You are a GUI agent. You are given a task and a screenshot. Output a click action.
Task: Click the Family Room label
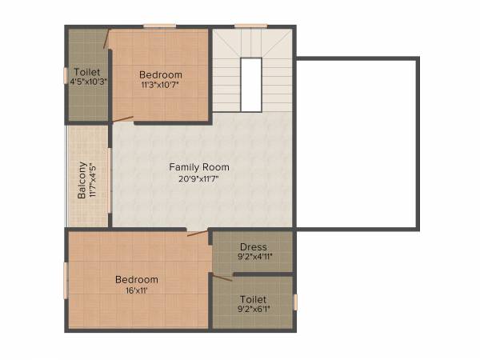(x=198, y=167)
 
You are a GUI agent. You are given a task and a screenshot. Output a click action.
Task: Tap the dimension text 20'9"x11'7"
(x=198, y=178)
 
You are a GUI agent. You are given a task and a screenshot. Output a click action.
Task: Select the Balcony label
(x=82, y=182)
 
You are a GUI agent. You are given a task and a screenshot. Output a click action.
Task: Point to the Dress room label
(x=253, y=247)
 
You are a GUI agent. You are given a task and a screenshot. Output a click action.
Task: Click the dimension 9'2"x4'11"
(x=253, y=258)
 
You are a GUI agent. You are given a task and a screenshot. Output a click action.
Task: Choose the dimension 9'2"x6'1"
(x=253, y=309)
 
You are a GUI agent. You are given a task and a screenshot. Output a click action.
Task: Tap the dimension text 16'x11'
(x=136, y=290)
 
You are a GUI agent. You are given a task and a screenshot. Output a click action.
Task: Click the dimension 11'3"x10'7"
(x=160, y=83)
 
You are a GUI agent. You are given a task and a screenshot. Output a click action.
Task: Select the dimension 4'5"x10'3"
(x=88, y=82)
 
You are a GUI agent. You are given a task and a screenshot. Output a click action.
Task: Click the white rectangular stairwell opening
(x=251, y=85)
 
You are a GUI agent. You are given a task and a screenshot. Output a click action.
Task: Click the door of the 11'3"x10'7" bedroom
(x=122, y=119)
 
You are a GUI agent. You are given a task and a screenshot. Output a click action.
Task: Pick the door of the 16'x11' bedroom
(x=197, y=234)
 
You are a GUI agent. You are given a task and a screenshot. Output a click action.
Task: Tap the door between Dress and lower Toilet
(x=221, y=278)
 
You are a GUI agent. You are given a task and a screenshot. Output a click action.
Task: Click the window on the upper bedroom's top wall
(x=159, y=26)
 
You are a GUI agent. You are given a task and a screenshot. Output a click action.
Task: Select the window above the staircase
(x=251, y=26)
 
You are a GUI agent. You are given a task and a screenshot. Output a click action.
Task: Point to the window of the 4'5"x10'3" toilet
(x=66, y=75)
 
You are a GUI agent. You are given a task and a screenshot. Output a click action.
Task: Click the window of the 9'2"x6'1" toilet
(x=295, y=302)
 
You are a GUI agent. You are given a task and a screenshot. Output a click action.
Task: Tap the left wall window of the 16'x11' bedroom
(x=66, y=281)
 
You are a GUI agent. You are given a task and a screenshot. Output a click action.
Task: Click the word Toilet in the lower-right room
(x=253, y=298)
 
